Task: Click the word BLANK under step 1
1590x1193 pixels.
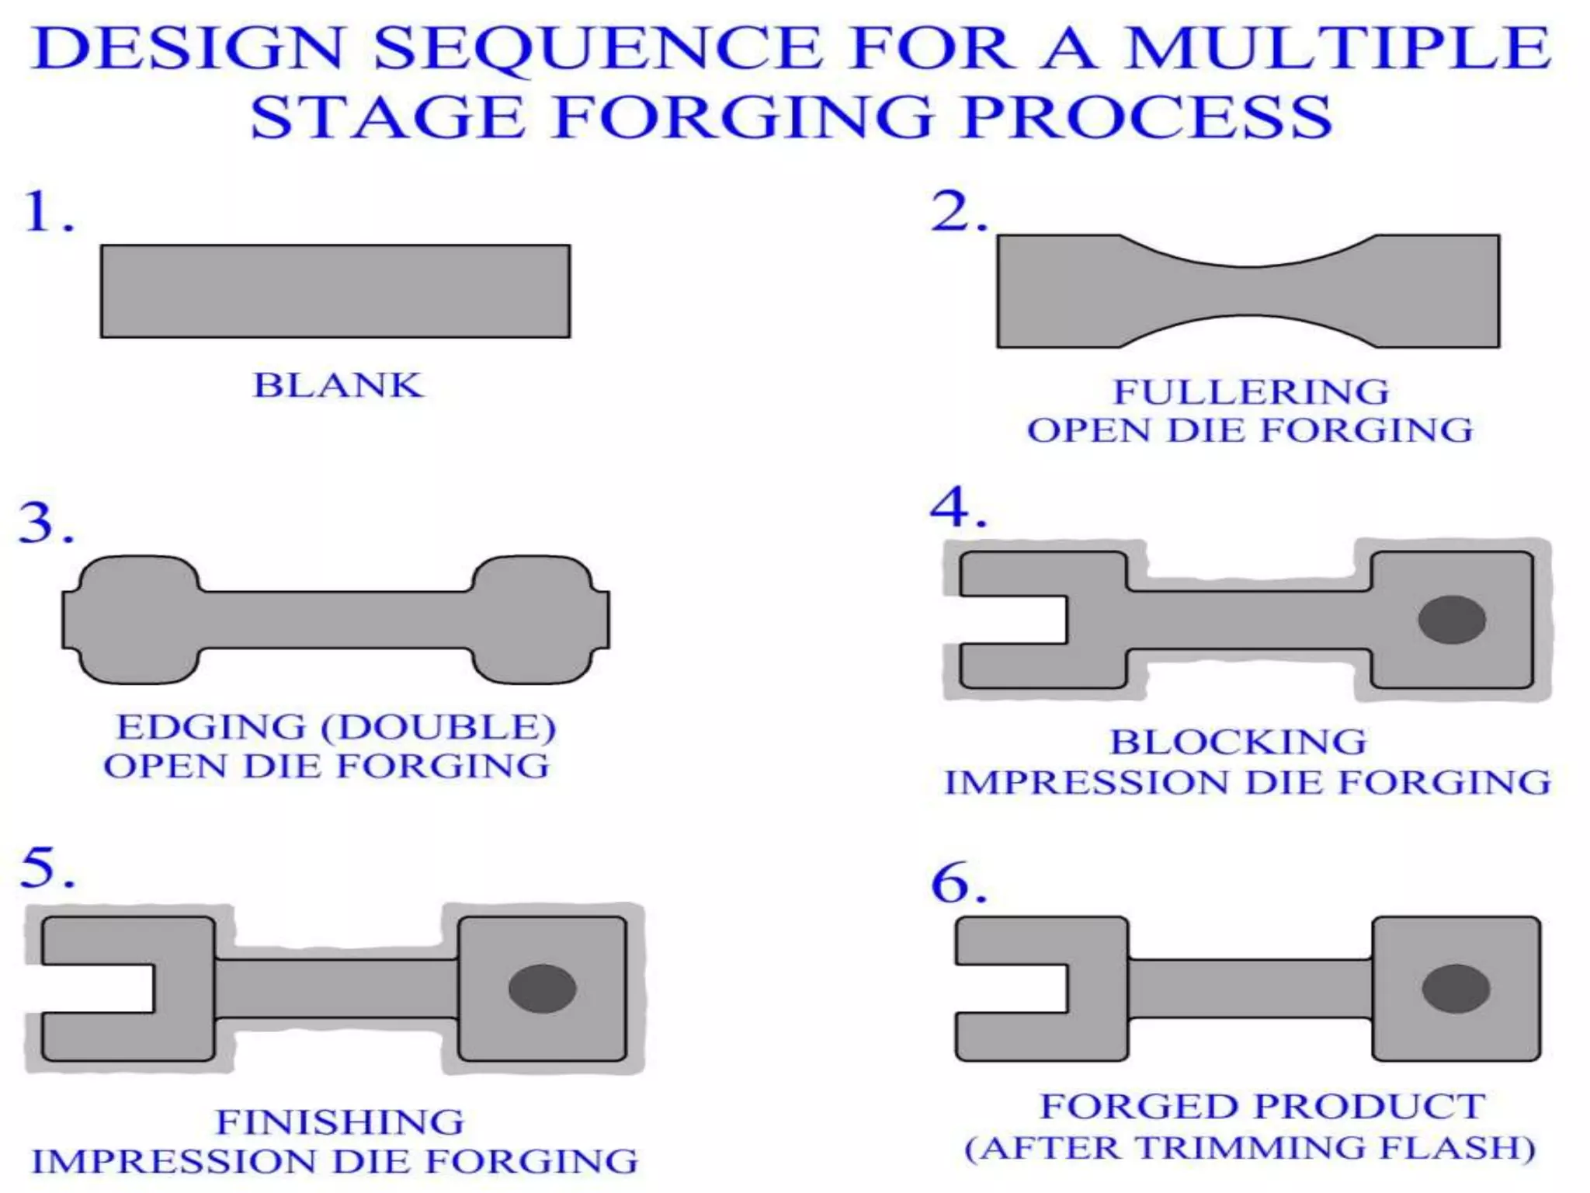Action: [338, 385]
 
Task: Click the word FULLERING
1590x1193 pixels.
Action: [1251, 391]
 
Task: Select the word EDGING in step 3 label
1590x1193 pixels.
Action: [211, 727]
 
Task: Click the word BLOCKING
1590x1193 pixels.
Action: [1238, 742]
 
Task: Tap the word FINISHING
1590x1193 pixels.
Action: [339, 1122]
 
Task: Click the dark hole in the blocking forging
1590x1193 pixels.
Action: [1451, 620]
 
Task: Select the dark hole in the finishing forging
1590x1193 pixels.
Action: [542, 989]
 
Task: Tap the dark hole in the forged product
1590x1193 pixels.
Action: [1455, 989]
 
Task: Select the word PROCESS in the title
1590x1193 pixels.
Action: [1146, 117]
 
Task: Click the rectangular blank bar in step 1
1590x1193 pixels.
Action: [335, 291]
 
